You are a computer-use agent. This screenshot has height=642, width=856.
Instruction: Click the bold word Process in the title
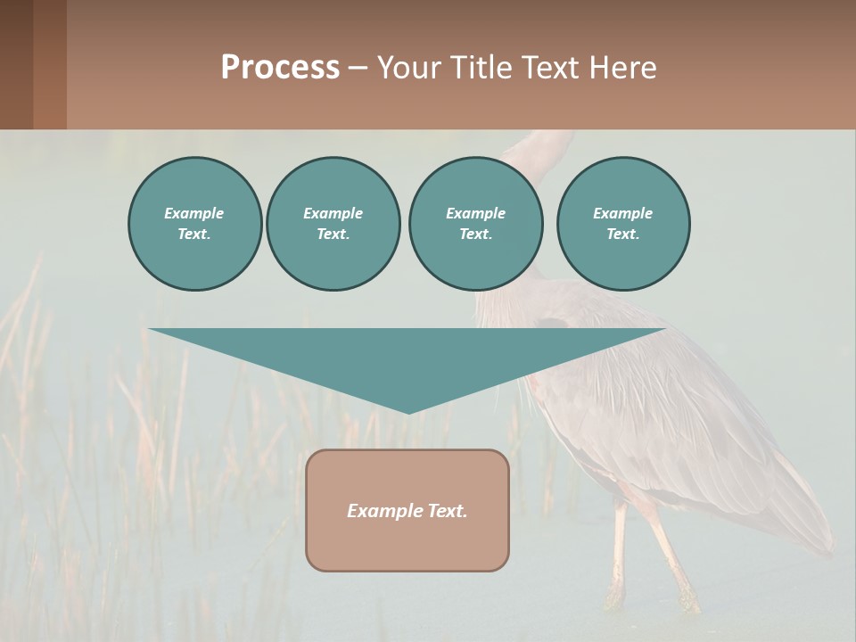pyautogui.click(x=280, y=68)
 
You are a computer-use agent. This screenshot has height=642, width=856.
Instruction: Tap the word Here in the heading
pyautogui.click(x=623, y=68)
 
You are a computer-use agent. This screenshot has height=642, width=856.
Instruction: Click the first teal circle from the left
pyautogui.click(x=194, y=224)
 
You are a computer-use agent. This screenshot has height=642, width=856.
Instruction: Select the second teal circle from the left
pyautogui.click(x=333, y=224)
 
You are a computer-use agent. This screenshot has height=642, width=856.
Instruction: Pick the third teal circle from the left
pyautogui.click(x=475, y=224)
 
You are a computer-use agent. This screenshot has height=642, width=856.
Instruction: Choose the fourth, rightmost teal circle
pyautogui.click(x=622, y=224)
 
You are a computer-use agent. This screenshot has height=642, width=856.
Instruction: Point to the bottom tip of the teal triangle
pyautogui.click(x=407, y=411)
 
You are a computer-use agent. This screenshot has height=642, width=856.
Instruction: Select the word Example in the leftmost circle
pyautogui.click(x=194, y=213)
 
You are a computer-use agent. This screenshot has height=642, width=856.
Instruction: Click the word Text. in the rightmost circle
pyautogui.click(x=622, y=235)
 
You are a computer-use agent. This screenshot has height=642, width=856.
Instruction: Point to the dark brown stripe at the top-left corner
pyautogui.click(x=16, y=64)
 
